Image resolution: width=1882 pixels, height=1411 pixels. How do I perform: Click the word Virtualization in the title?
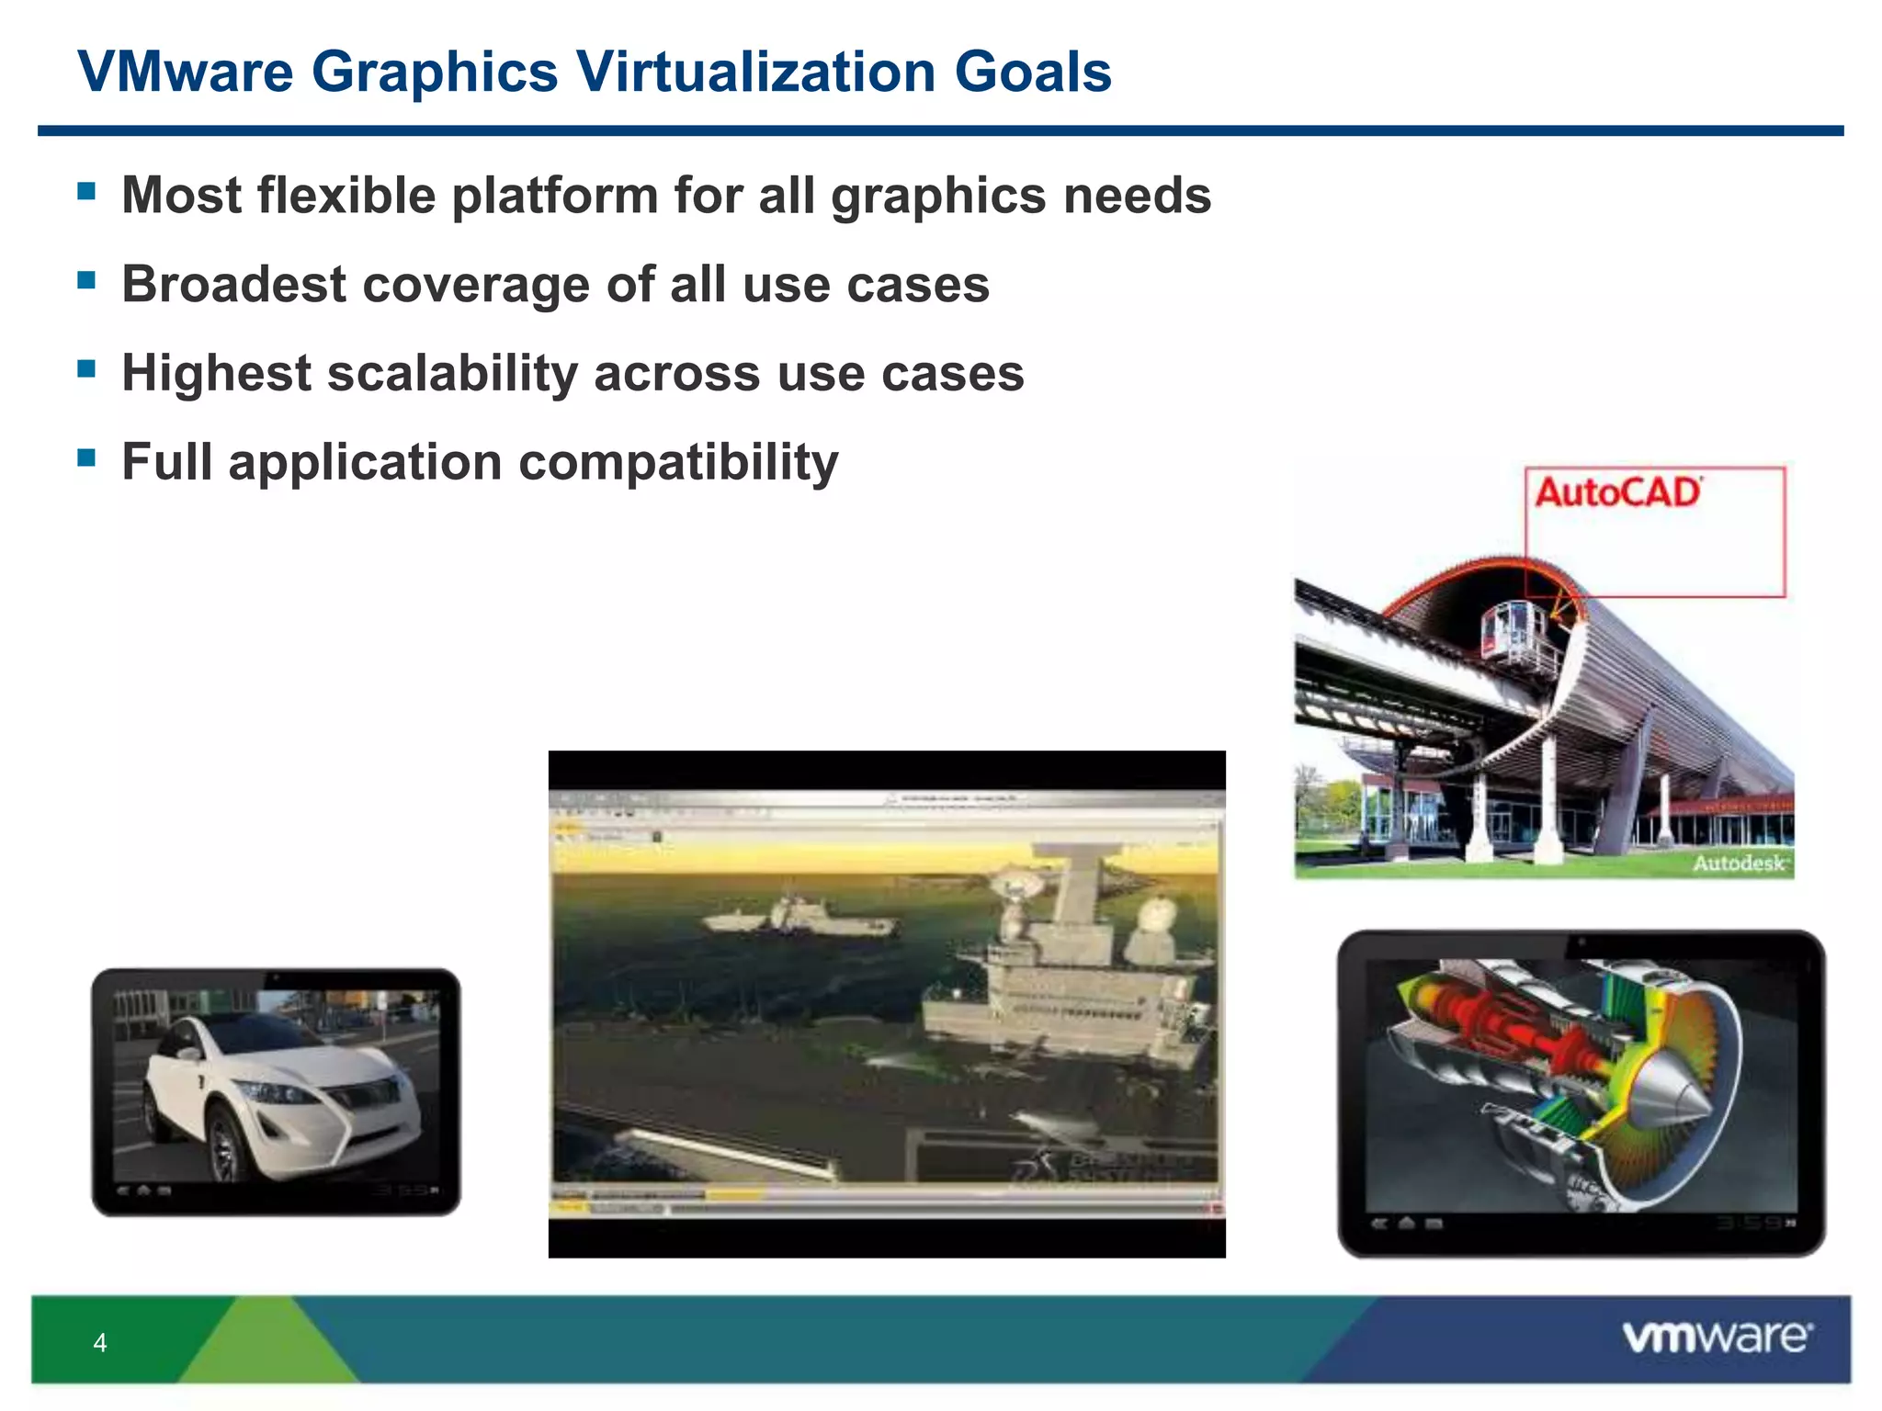point(756,72)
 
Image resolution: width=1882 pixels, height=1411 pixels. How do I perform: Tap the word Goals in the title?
point(1033,72)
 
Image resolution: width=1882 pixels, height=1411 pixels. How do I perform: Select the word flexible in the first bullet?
point(346,196)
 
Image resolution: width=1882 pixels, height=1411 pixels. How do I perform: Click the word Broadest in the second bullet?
point(233,285)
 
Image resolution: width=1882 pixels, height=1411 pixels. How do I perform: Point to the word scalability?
point(452,374)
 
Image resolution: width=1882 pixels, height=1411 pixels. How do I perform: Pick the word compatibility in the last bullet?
point(678,462)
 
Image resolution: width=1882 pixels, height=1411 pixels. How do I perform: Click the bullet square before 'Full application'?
point(87,457)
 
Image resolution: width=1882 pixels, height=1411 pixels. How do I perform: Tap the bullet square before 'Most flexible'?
point(87,191)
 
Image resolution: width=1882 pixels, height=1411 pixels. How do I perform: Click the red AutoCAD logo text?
point(1617,492)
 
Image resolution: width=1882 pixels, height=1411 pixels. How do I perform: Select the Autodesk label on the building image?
point(1739,864)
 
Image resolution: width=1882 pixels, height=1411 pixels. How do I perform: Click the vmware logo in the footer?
point(1717,1337)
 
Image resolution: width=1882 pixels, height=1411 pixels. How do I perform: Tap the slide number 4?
point(100,1343)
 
